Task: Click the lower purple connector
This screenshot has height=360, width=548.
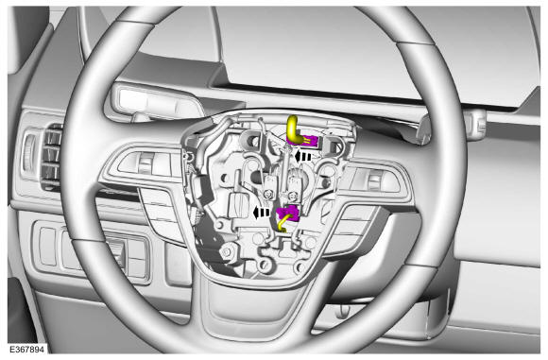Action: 288,214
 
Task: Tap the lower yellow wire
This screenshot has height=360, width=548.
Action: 283,224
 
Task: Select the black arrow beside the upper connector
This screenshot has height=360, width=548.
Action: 302,156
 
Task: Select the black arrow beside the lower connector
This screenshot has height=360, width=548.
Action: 261,213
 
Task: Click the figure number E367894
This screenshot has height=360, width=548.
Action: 26,350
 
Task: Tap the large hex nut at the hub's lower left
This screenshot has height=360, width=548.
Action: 226,251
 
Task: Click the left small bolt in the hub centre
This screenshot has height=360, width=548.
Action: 268,194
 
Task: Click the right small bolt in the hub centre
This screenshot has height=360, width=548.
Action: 293,197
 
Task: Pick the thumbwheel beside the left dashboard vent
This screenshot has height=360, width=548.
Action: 29,153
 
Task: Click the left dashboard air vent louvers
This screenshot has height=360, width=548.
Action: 51,157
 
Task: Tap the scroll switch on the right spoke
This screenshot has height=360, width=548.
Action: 374,180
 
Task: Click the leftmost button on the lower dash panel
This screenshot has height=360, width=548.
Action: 48,246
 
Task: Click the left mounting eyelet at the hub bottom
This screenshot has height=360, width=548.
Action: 265,265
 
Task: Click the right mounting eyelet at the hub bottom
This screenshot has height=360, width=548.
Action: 300,267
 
